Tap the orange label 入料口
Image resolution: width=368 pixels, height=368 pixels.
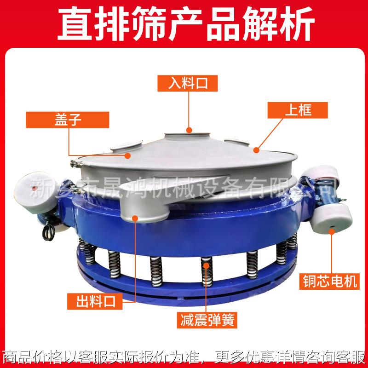(187, 83)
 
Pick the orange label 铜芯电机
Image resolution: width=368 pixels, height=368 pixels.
(329, 281)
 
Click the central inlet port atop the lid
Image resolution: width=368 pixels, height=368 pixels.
(188, 134)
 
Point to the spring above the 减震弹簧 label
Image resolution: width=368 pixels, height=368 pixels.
(206, 273)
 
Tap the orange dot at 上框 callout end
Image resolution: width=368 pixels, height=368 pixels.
(256, 149)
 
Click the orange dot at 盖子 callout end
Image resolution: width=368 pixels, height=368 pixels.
(129, 155)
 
